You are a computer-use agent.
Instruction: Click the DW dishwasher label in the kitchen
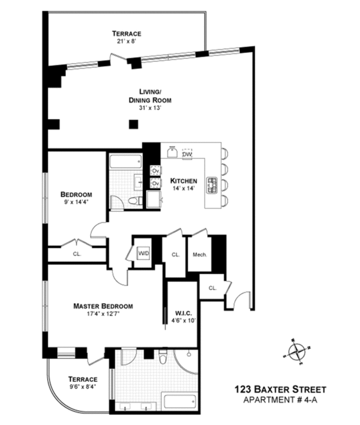[187, 154]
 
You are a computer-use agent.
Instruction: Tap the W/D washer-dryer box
[143, 253]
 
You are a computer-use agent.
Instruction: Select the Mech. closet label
[200, 255]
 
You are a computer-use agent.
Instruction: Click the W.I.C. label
[184, 313]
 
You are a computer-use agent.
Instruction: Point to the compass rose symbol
[297, 352]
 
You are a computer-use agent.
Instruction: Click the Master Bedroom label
[103, 306]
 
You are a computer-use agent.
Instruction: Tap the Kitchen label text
[184, 181]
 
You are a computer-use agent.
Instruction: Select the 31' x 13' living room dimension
[150, 108]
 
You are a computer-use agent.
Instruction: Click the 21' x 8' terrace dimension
[127, 42]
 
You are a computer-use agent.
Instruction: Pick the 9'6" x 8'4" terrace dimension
[83, 387]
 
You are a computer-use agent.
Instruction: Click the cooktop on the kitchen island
[212, 185]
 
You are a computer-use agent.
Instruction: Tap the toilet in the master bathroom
[163, 357]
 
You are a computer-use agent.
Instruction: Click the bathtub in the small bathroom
[125, 161]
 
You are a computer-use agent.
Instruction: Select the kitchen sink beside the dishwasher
[172, 152]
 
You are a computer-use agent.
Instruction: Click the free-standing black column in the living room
[133, 124]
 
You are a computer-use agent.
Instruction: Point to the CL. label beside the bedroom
[77, 254]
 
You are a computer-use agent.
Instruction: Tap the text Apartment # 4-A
[280, 400]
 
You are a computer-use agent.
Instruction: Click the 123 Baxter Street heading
[280, 390]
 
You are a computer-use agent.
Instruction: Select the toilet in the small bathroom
[134, 201]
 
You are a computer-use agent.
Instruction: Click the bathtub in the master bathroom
[179, 400]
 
